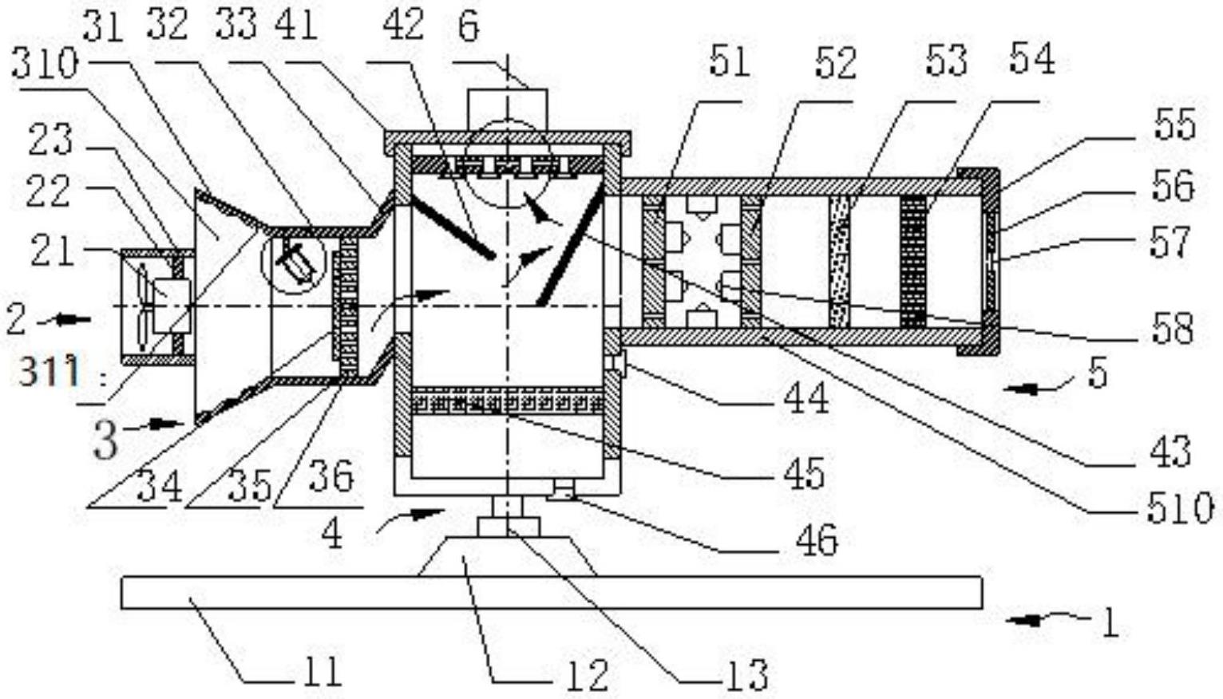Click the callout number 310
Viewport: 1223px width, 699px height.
[45, 65]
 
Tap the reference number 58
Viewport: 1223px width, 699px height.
[1172, 329]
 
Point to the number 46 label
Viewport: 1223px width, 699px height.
[816, 539]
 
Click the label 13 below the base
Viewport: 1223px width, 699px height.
[749, 675]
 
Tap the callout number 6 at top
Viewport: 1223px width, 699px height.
[469, 26]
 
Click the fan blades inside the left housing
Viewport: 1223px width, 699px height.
[143, 307]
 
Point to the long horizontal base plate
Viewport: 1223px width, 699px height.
[552, 592]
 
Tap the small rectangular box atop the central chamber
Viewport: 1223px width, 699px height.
[507, 109]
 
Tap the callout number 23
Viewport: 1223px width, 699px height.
[50, 139]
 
